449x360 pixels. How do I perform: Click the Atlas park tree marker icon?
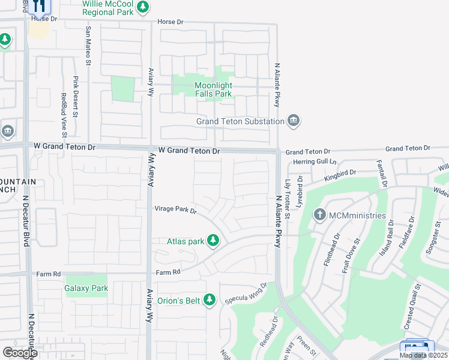[212, 241]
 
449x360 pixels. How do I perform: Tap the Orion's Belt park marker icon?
[209, 299]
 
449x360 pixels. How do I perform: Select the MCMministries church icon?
[320, 214]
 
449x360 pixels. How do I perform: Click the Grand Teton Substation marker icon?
[294, 121]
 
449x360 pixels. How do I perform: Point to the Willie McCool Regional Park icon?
[142, 7]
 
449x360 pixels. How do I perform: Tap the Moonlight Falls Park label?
[213, 89]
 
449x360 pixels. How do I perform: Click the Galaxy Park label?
[86, 288]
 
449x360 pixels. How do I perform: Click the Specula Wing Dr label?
[246, 294]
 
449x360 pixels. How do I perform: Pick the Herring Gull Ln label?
[313, 162]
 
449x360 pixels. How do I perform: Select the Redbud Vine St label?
[63, 114]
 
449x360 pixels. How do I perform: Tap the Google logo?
[20, 353]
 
